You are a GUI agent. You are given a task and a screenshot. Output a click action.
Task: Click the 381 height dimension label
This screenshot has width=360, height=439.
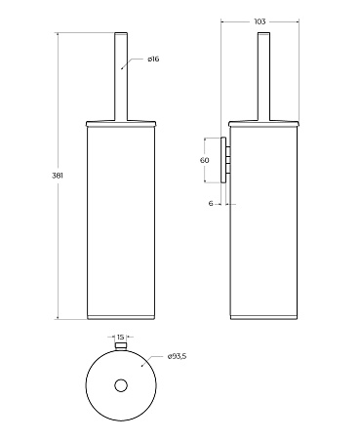[x=58, y=176]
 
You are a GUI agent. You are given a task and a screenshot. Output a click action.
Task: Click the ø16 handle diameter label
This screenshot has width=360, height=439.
[x=153, y=59]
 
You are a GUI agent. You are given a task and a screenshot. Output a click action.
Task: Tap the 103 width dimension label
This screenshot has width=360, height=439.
[x=260, y=21]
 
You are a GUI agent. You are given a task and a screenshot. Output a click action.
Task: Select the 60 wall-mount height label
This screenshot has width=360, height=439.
[x=204, y=160]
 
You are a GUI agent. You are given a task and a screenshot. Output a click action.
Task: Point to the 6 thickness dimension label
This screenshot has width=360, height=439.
[x=211, y=204]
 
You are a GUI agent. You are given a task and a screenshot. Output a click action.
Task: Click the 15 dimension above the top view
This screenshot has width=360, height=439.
[x=120, y=337]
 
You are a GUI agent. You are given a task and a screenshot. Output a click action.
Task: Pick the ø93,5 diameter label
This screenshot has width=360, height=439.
[x=177, y=356]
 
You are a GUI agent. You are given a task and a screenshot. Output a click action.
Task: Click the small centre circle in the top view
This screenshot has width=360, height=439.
[x=121, y=385]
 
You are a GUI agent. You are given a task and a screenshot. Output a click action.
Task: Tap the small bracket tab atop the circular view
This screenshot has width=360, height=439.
[x=121, y=345]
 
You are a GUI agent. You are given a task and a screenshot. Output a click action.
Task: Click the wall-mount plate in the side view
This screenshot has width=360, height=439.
[x=223, y=160]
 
